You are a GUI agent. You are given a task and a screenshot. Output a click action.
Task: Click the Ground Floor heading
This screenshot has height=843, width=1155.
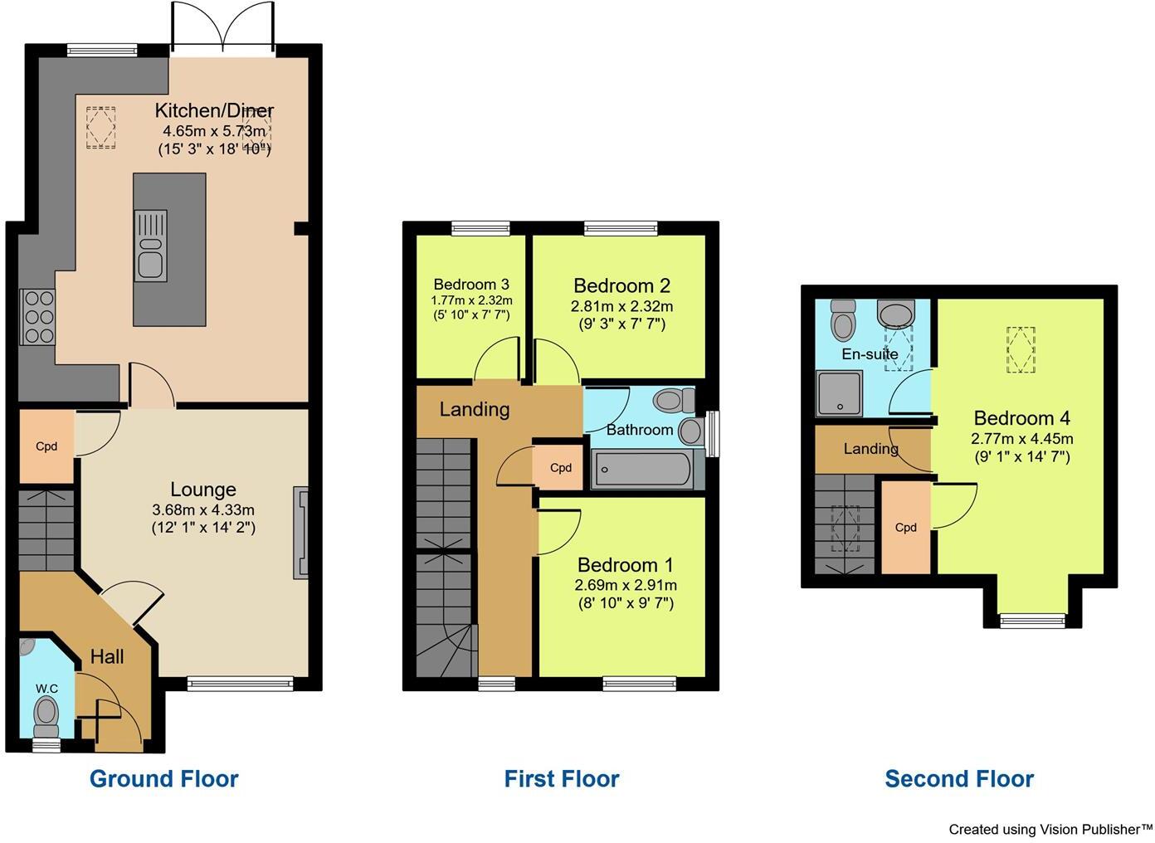[163, 778]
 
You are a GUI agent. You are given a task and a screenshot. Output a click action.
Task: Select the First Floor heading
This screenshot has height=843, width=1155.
[562, 778]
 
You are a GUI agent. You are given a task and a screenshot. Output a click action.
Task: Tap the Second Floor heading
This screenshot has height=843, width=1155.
[959, 778]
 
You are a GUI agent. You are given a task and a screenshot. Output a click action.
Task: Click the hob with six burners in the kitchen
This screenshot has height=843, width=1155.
[37, 317]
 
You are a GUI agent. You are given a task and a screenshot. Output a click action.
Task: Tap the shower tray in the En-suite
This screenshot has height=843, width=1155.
[839, 392]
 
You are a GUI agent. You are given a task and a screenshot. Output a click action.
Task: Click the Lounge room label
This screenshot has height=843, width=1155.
[203, 490]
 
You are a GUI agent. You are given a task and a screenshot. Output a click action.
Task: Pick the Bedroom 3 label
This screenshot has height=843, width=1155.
[471, 285]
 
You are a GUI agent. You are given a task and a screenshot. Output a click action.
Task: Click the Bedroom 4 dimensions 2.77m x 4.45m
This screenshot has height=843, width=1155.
[1022, 439]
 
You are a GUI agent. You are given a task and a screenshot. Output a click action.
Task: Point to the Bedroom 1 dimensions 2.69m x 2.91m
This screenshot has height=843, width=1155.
[626, 585]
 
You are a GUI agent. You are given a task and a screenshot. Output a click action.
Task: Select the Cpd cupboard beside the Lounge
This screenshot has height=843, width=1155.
[46, 446]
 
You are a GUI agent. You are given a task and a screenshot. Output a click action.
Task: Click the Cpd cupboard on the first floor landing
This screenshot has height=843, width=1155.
[561, 467]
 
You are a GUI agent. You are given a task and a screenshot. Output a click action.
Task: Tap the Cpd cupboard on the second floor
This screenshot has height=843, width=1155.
[905, 527]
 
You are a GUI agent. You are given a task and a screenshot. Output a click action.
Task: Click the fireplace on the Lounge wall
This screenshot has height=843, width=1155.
[300, 533]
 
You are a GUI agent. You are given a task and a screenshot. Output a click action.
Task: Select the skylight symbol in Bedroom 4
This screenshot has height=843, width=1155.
[1021, 349]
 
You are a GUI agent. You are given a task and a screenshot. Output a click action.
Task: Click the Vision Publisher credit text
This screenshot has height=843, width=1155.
[1050, 829]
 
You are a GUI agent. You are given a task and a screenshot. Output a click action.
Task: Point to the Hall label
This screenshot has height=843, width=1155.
[107, 657]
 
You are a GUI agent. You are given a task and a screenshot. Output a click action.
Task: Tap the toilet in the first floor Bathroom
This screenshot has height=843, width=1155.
[674, 402]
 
